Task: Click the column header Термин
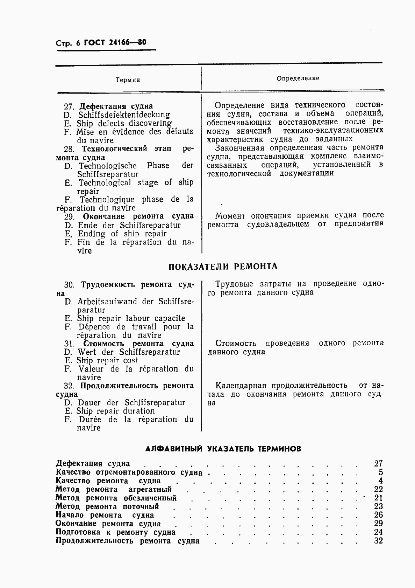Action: tap(128, 80)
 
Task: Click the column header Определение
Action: tap(298, 78)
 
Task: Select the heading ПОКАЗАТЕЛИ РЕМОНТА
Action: tap(223, 267)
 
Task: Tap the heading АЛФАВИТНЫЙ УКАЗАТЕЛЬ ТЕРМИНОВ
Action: tap(223, 449)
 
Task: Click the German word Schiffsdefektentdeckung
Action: tap(124, 115)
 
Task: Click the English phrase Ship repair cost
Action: tap(107, 360)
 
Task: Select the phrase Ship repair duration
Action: tap(115, 411)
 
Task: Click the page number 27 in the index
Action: tap(378, 463)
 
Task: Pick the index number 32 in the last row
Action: tap(378, 541)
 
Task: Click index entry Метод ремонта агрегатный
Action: tap(114, 489)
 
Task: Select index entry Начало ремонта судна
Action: tap(105, 515)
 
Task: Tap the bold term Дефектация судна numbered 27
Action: tap(116, 106)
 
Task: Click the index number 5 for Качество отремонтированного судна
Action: tap(380, 472)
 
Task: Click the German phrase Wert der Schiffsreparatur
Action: tap(129, 352)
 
